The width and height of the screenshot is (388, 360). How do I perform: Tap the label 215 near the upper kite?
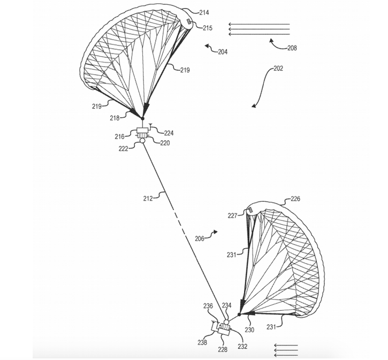pyautogui.click(x=208, y=28)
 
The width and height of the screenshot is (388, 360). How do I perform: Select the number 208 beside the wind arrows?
pyautogui.click(x=292, y=48)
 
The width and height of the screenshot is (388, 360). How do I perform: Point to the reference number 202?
pyautogui.click(x=278, y=68)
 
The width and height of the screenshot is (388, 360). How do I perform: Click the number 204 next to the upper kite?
pyautogui.click(x=222, y=52)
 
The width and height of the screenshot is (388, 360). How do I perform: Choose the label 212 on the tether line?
pyautogui.click(x=148, y=198)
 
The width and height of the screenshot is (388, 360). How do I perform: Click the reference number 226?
pyautogui.click(x=295, y=198)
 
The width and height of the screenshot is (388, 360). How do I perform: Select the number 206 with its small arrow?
pyautogui.click(x=199, y=239)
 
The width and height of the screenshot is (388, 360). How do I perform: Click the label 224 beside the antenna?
pyautogui.click(x=169, y=133)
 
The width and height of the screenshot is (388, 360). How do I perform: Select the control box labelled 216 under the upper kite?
pyautogui.click(x=143, y=132)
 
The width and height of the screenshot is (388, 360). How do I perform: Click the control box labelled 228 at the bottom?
pyautogui.click(x=224, y=332)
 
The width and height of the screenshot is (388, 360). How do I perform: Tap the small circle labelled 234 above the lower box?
pyautogui.click(x=226, y=322)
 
